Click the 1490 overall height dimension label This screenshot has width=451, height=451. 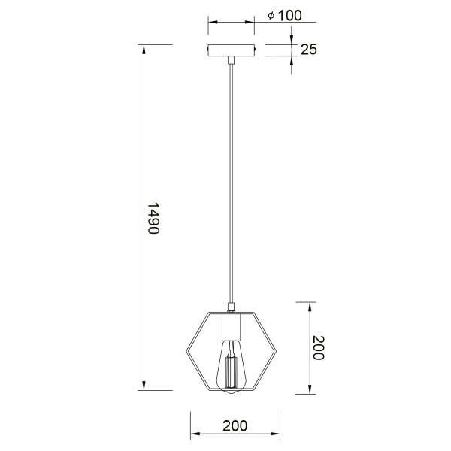153,218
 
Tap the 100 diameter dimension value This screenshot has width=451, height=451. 290,16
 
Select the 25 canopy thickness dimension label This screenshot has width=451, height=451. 309,49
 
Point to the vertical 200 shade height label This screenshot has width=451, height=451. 319,347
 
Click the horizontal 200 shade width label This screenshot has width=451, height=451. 235,426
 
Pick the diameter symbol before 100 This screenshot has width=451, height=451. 271,16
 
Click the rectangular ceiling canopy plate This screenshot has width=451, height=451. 232,50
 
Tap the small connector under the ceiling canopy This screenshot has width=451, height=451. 231,60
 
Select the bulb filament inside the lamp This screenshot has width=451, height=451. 232,371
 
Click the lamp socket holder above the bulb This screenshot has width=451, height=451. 231,327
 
